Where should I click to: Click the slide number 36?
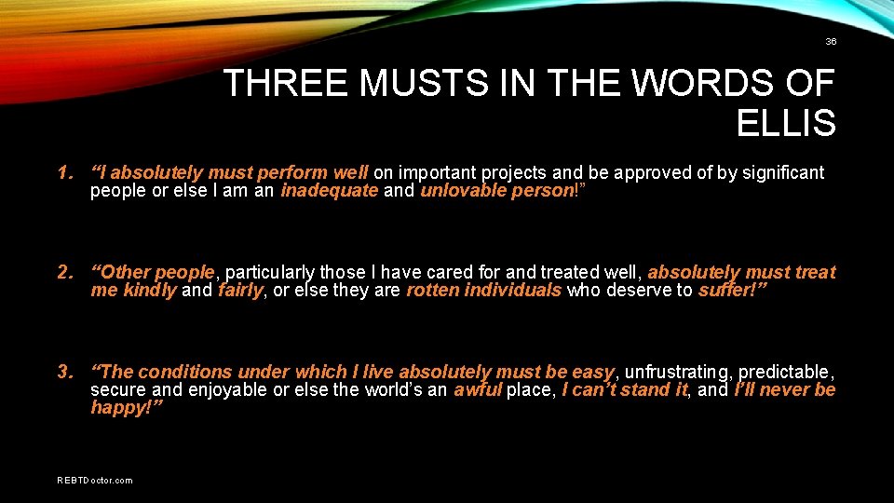(x=831, y=42)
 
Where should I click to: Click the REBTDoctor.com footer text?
(x=95, y=481)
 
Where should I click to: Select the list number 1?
(x=63, y=172)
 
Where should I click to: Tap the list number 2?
(x=63, y=272)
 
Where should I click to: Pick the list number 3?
(x=63, y=372)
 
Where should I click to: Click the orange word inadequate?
(x=330, y=191)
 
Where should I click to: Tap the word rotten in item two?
(x=432, y=291)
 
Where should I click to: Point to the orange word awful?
(x=477, y=390)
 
